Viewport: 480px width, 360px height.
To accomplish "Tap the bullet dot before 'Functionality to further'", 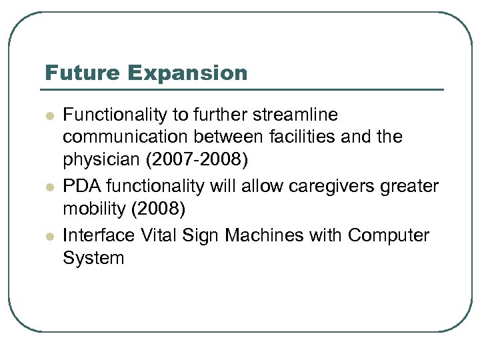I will point(49,115).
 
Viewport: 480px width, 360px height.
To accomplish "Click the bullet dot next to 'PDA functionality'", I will point(49,187).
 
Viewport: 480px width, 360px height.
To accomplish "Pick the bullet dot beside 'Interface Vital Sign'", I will point(49,235).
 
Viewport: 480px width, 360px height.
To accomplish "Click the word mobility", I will point(94,210).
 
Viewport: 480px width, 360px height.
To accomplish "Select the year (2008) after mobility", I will point(157,210).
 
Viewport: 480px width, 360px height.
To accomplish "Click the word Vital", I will point(158,235).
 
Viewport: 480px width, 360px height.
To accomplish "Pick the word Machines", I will point(263,235).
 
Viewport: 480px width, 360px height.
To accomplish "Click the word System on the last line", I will point(93,258).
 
